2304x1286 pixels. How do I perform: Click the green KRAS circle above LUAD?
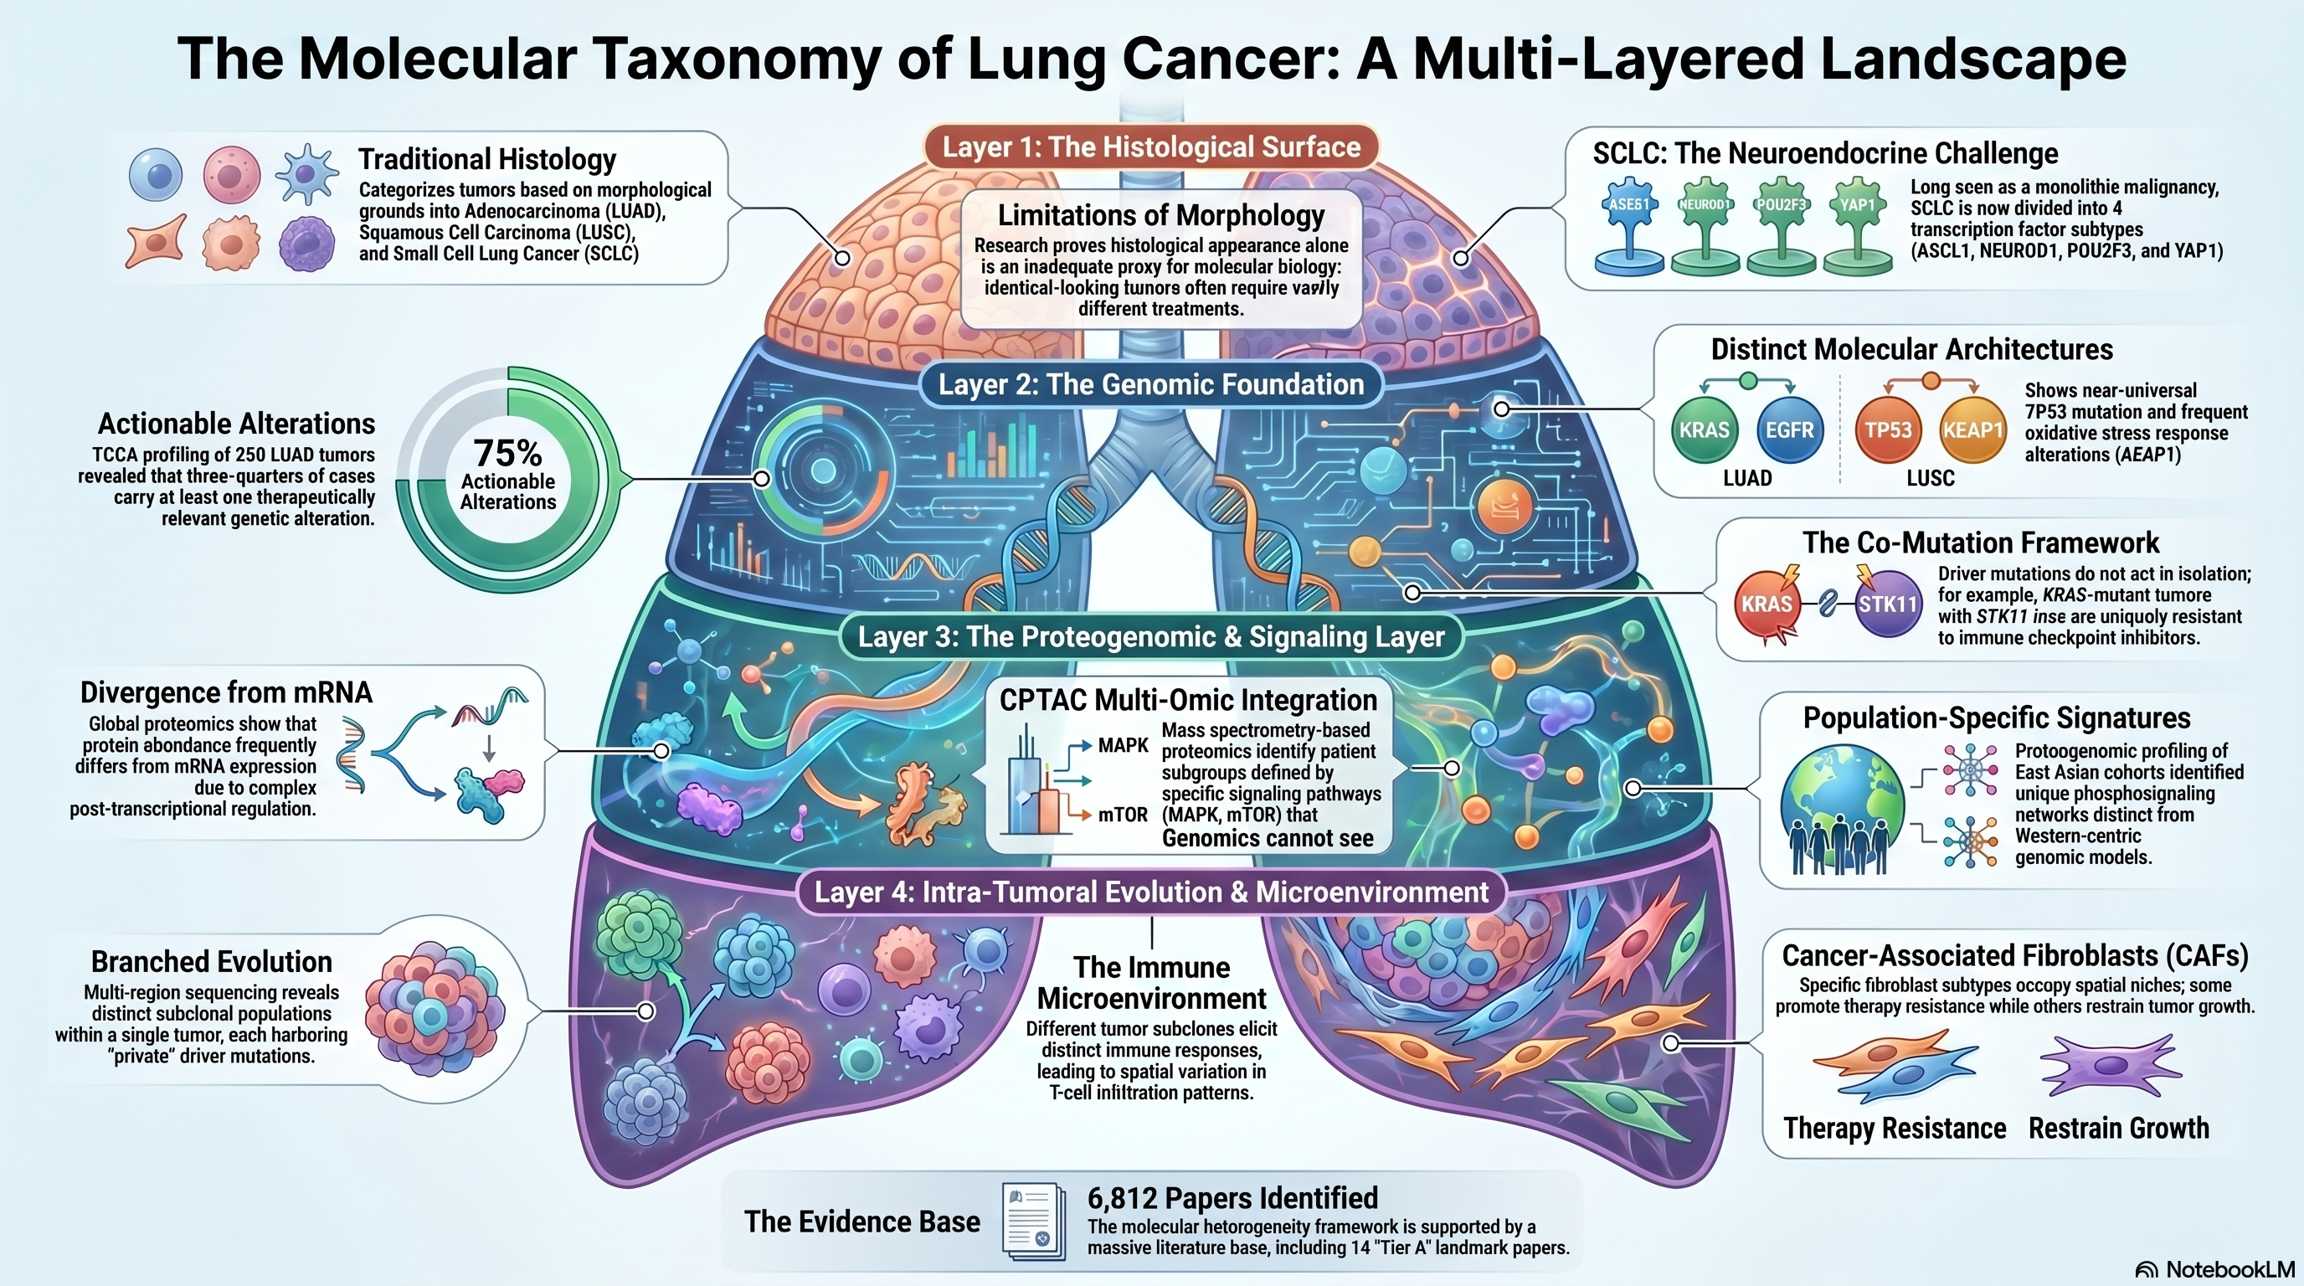[x=1704, y=430]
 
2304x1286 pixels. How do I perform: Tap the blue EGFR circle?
[x=1789, y=430]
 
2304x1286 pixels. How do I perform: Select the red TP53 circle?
[x=1888, y=430]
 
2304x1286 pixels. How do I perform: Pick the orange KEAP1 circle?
[x=1972, y=430]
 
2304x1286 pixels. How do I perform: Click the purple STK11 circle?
[x=1887, y=604]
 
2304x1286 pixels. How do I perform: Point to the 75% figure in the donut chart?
[x=508, y=452]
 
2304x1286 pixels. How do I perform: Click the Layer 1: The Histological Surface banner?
[x=1151, y=147]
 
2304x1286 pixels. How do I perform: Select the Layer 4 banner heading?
[x=1151, y=892]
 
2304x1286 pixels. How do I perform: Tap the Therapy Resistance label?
[x=1895, y=1129]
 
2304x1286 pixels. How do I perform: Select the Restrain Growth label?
[x=2118, y=1129]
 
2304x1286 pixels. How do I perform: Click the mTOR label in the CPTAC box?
[x=1123, y=815]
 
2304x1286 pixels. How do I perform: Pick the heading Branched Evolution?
[x=212, y=961]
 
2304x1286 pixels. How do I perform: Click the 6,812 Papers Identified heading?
[x=1232, y=1198]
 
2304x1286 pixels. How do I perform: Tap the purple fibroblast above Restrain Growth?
[x=2111, y=1065]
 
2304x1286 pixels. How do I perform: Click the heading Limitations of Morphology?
[x=1161, y=215]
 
